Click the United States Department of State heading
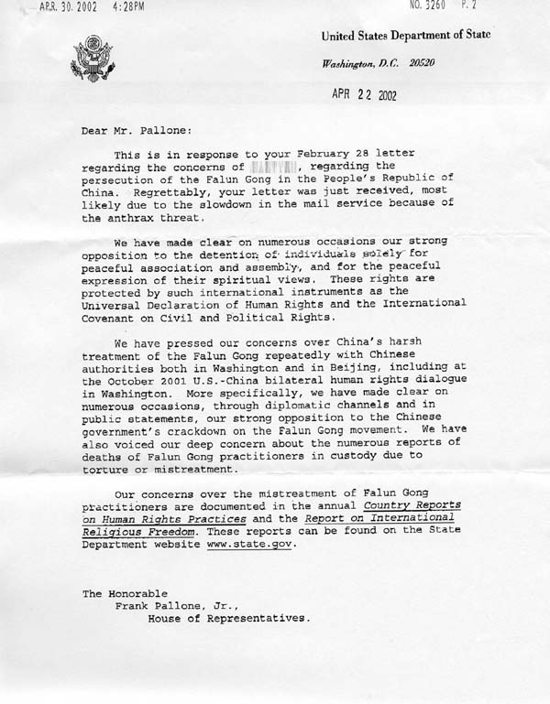pyautogui.click(x=405, y=36)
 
